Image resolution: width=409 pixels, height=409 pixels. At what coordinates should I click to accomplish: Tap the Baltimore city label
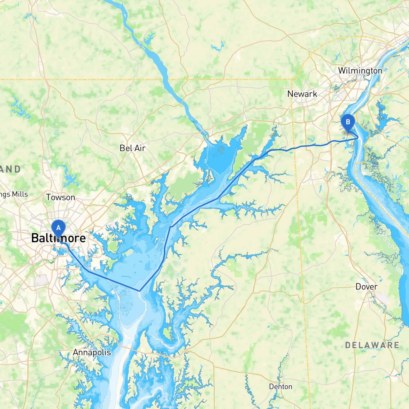(58, 238)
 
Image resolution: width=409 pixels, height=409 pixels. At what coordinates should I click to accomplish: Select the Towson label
(60, 197)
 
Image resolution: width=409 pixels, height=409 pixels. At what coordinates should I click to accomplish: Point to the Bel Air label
(132, 148)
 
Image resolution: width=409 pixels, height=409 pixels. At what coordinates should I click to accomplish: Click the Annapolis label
(92, 352)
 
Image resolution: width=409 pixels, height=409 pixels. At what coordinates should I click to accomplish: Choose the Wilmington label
(360, 71)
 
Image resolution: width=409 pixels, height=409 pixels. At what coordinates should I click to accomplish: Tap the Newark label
(302, 94)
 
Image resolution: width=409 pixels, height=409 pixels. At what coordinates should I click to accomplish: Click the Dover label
(366, 287)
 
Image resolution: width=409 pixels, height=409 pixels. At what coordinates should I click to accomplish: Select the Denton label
(280, 387)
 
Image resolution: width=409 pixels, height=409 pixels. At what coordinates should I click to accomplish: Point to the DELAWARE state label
(372, 345)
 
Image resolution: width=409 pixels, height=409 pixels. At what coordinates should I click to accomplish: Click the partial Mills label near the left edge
(14, 194)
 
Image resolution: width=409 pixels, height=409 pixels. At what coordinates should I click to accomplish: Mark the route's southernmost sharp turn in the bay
(140, 291)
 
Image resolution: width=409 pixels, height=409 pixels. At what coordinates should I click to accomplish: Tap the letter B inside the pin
(348, 122)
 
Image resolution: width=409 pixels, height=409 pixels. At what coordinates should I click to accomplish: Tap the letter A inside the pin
(58, 228)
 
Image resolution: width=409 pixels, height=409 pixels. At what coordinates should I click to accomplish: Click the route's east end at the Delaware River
(358, 138)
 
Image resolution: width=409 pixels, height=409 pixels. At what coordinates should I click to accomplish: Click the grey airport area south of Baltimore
(41, 281)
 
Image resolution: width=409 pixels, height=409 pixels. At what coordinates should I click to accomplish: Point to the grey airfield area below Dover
(382, 299)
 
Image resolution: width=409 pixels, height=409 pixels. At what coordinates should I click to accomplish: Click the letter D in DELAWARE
(348, 345)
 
